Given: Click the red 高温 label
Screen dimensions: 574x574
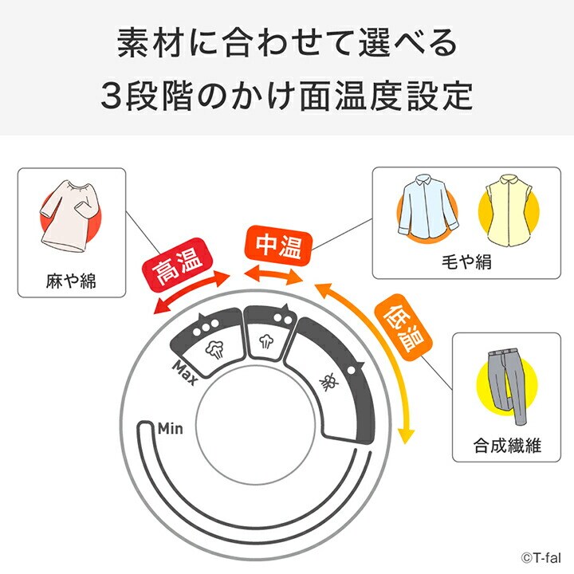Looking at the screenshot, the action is pos(178,265).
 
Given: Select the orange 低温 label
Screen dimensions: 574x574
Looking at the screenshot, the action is pos(403,328).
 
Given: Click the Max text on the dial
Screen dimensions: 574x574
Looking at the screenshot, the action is pos(186,373).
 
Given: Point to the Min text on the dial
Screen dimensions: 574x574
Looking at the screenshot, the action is pos(171,428).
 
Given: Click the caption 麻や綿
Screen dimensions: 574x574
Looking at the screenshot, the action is pos(71,281).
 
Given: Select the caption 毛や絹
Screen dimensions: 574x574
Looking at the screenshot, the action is pos(466,261).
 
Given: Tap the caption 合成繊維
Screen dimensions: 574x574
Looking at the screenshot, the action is pos(507,446).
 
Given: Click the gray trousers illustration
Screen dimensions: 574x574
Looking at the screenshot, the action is pos(507,387).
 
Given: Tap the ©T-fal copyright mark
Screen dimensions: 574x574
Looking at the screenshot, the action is pos(541,557).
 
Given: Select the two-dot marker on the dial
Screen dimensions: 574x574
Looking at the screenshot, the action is pos(283,318).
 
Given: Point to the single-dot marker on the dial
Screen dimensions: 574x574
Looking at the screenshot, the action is pos(351,370).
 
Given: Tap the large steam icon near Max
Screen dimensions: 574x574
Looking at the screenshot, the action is pos(215,349).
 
